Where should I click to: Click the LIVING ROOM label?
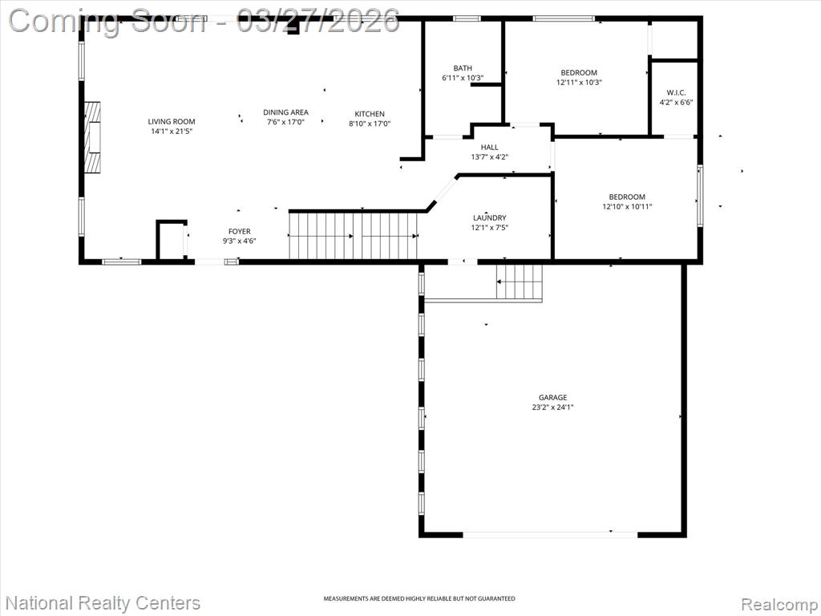click(172, 122)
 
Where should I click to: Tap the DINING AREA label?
click(285, 112)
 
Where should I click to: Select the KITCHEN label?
click(370, 114)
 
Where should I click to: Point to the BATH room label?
click(463, 68)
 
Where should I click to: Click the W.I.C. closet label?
click(676, 93)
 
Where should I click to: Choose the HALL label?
click(490, 148)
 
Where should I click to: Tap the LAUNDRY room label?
click(490, 218)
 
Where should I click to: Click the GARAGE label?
click(553, 398)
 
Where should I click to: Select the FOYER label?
click(239, 232)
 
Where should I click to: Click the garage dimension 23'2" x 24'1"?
click(553, 407)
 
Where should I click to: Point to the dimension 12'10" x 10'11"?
click(627, 206)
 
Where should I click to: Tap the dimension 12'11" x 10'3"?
click(579, 83)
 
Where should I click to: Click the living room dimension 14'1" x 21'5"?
click(172, 131)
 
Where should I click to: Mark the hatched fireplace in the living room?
click(93, 136)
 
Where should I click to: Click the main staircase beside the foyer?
click(354, 235)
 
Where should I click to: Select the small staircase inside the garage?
click(519, 282)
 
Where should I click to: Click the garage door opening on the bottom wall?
click(550, 534)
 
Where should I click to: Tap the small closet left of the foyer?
click(172, 241)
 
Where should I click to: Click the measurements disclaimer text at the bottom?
click(419, 598)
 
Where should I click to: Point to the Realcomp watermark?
click(779, 603)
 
